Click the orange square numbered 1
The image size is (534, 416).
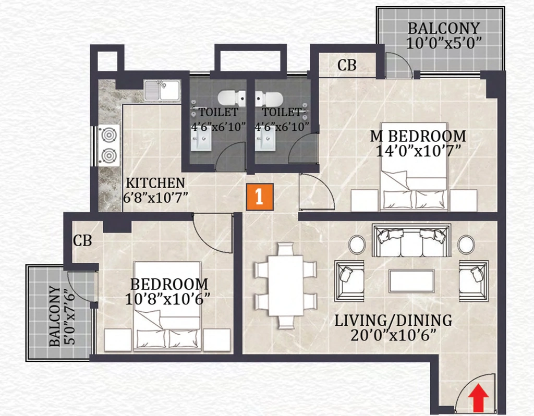pyautogui.click(x=260, y=197)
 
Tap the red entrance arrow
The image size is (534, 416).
pyautogui.click(x=478, y=397)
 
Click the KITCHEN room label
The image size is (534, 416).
pyautogui.click(x=155, y=183)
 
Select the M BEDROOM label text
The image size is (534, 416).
pyautogui.click(x=418, y=136)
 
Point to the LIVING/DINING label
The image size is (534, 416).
pyautogui.click(x=393, y=321)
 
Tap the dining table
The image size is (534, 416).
pyautogui.click(x=286, y=286)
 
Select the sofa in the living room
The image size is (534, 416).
pyautogui.click(x=411, y=241)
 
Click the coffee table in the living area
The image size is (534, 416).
pyautogui.click(x=412, y=281)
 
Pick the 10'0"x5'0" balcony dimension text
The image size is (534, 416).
pyautogui.click(x=444, y=43)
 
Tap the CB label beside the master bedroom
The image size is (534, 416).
pyautogui.click(x=347, y=65)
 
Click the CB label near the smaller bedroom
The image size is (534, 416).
pyautogui.click(x=82, y=241)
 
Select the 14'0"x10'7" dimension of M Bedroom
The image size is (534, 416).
pyautogui.click(x=418, y=151)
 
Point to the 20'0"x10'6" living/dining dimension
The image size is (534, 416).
pyautogui.click(x=393, y=336)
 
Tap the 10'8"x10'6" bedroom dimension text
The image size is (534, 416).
pyautogui.click(x=167, y=299)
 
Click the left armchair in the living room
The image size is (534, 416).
pyautogui.click(x=349, y=281)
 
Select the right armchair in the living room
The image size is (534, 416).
pyautogui.click(x=474, y=281)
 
